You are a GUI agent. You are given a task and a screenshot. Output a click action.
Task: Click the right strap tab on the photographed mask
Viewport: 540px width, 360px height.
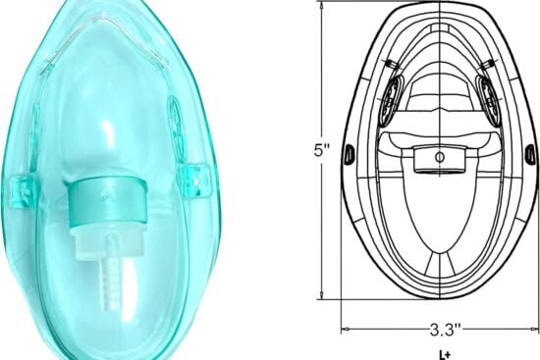(194, 176)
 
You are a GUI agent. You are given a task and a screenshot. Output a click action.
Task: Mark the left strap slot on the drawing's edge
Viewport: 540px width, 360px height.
(348, 150)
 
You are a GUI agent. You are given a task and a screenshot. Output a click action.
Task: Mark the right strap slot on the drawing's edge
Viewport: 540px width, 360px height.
(529, 150)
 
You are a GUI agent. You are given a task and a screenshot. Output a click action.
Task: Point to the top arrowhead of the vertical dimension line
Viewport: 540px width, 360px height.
(322, 7)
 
